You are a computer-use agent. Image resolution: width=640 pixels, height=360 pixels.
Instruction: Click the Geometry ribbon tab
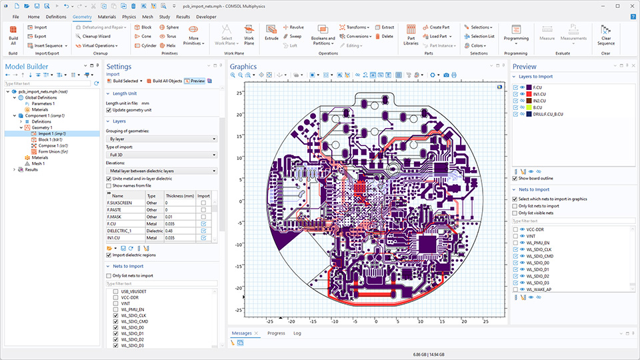pyautogui.click(x=82, y=15)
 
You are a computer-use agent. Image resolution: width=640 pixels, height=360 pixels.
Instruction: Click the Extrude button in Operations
pyautogui.click(x=271, y=33)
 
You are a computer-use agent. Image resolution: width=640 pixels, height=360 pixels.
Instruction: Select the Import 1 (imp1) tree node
pyautogui.click(x=51, y=133)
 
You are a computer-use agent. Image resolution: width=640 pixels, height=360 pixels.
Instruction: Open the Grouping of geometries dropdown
pyautogui.click(x=162, y=139)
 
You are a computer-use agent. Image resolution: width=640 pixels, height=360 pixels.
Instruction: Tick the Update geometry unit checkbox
pyautogui.click(x=109, y=109)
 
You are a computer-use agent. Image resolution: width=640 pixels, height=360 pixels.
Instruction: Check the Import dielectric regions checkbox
pyautogui.click(x=109, y=255)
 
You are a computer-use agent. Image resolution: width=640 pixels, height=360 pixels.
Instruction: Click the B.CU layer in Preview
pyautogui.click(x=536, y=107)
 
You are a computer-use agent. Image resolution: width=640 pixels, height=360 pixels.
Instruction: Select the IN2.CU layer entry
pyautogui.click(x=537, y=101)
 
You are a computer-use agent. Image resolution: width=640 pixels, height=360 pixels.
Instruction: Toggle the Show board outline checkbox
pyautogui.click(x=515, y=178)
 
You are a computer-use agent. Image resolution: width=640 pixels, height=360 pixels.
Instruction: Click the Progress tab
pyautogui.click(x=276, y=333)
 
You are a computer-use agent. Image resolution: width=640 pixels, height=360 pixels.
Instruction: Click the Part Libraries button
pyautogui.click(x=411, y=35)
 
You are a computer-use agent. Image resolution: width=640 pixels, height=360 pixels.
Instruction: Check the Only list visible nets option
pyautogui.click(x=515, y=213)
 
